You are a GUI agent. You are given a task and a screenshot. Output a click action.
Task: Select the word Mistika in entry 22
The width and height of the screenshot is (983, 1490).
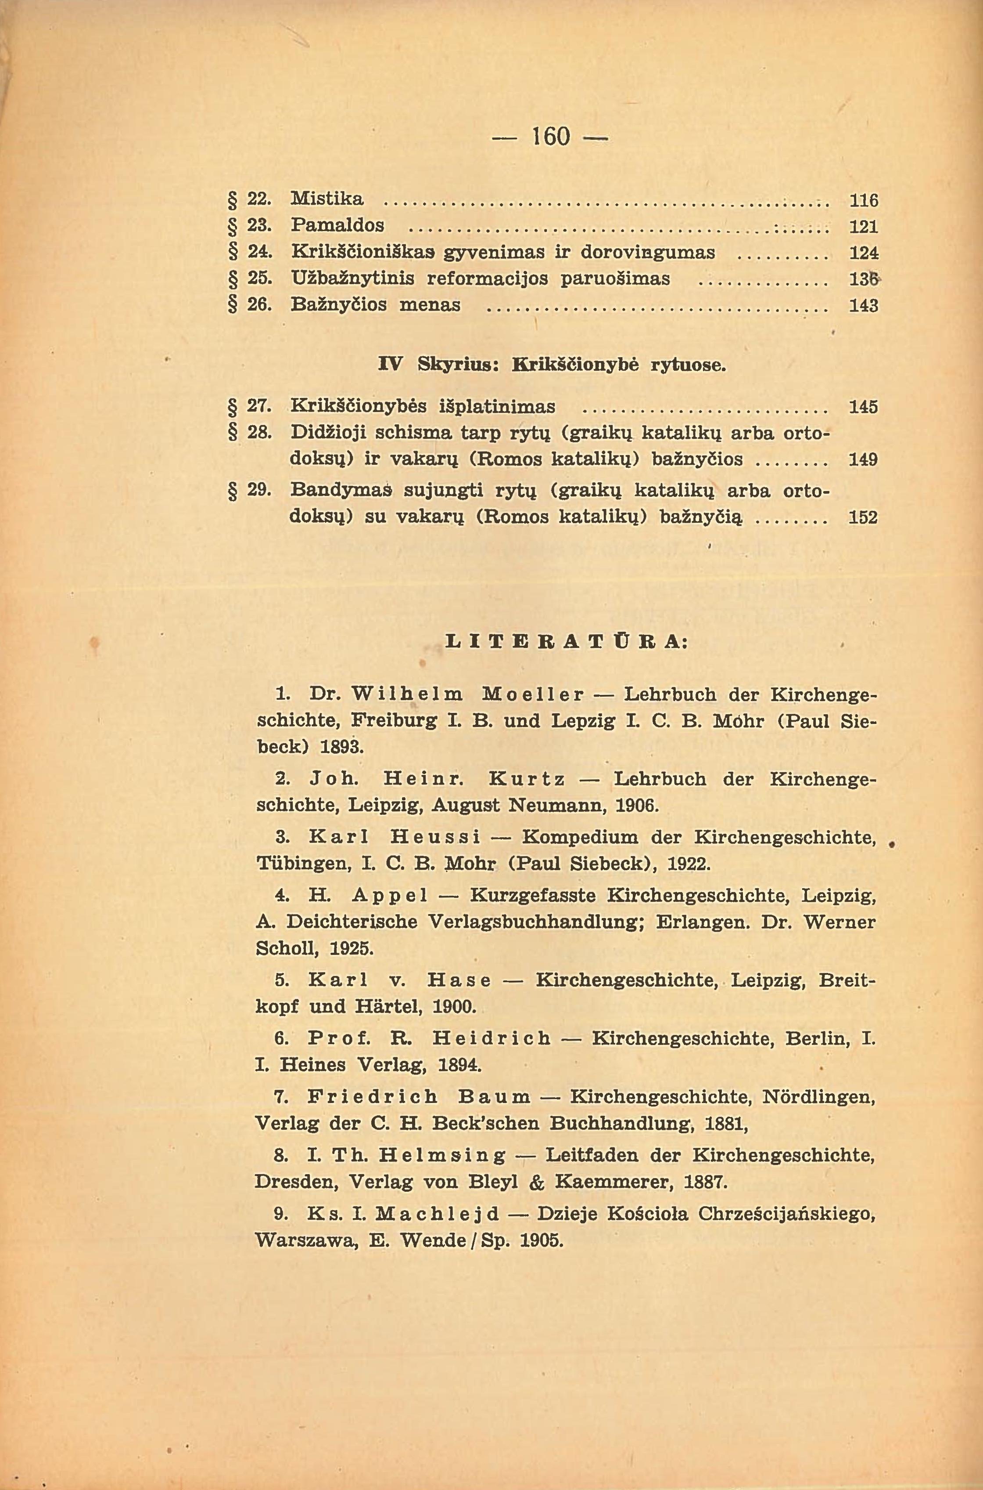click(327, 199)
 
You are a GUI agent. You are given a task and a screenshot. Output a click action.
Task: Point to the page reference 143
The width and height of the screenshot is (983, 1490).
click(863, 306)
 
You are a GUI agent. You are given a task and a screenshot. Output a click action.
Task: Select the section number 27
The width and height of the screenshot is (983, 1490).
click(259, 406)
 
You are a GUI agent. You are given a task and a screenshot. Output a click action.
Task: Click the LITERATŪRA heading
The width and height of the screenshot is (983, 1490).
click(566, 642)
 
